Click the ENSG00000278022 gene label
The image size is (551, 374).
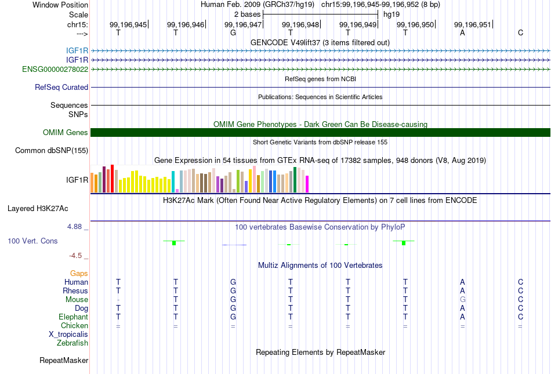(55, 69)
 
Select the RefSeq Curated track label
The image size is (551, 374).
(61, 87)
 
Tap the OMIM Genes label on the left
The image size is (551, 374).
(66, 132)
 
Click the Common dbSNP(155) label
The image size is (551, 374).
(52, 150)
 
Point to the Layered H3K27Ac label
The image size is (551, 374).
(38, 209)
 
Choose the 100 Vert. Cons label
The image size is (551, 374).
(32, 241)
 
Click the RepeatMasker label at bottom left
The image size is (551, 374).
(64, 360)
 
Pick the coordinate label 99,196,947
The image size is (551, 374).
(243, 24)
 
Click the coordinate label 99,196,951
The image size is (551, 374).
(473, 24)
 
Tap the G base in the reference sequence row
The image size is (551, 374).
(233, 32)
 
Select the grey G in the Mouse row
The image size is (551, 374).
(462, 300)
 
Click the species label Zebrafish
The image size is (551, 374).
(72, 343)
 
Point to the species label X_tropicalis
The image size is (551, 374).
(68, 335)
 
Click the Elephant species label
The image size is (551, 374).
(74, 317)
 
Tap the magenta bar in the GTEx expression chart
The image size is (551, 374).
(307, 184)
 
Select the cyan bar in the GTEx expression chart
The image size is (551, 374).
(173, 181)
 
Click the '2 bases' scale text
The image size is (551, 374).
(248, 14)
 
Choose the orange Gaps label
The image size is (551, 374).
(79, 273)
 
